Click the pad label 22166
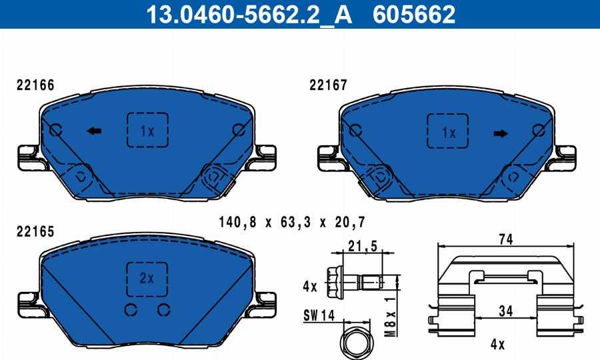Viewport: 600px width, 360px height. click(35, 85)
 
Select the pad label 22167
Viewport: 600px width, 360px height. click(329, 85)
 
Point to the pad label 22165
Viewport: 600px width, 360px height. click(35, 231)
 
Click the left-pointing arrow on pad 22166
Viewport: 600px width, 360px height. click(94, 131)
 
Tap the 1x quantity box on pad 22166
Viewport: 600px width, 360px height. click(147, 130)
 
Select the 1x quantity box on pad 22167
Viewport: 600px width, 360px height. click(447, 131)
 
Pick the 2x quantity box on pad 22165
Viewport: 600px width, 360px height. click(147, 277)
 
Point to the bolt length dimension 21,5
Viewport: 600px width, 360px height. click(363, 247)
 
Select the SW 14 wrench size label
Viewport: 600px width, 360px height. click(319, 314)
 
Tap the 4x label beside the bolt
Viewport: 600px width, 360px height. click(310, 287)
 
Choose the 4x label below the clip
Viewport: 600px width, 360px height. click(497, 345)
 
